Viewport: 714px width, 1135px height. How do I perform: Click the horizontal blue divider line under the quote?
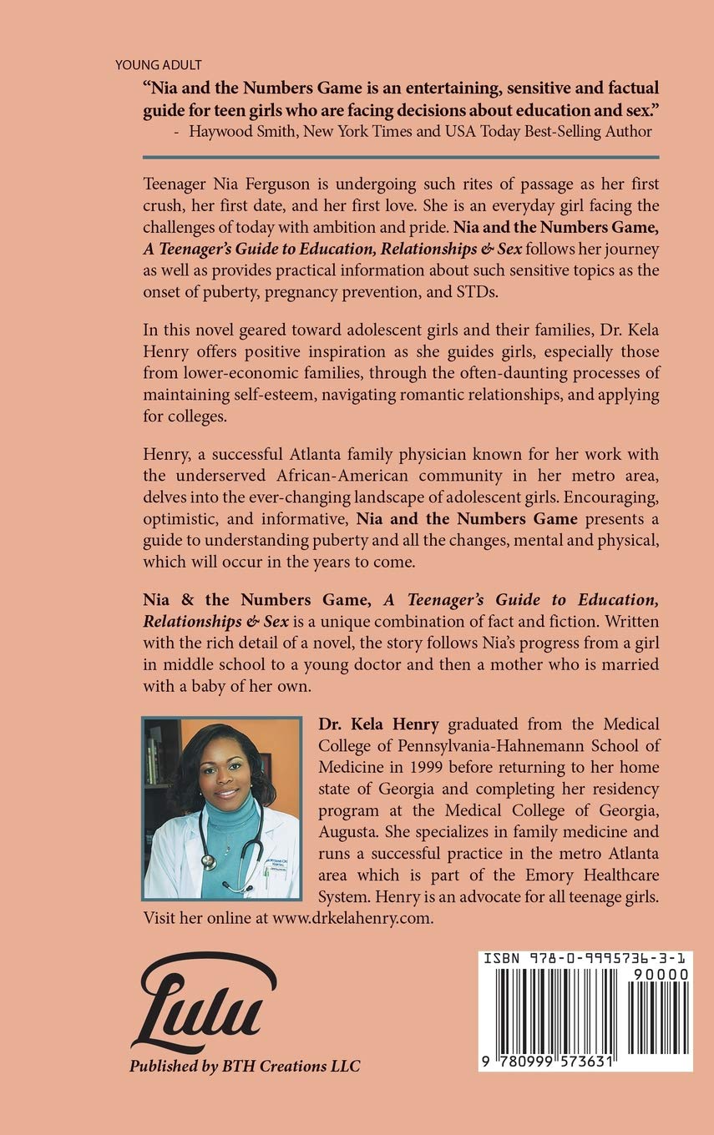point(401,157)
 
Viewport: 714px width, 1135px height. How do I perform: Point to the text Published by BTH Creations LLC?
point(244,1066)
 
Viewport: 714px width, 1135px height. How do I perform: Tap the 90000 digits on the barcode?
point(661,974)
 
